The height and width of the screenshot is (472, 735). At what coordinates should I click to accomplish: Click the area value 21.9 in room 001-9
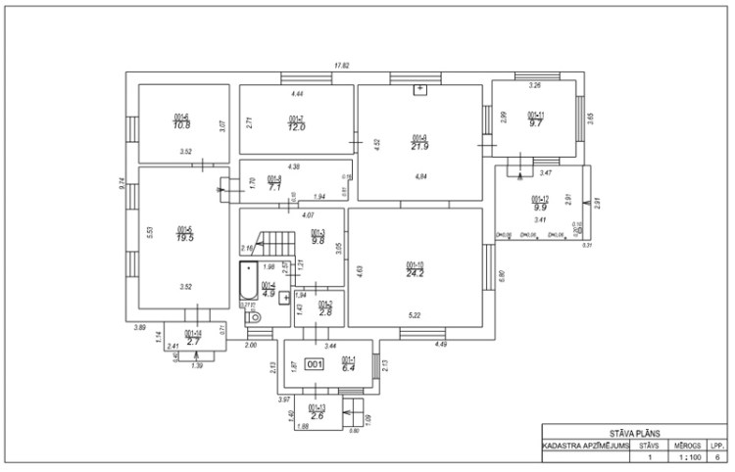coord(419,146)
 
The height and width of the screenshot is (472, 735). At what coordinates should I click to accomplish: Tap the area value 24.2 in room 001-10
coord(415,274)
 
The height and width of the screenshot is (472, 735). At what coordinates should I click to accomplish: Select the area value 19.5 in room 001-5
coord(183,237)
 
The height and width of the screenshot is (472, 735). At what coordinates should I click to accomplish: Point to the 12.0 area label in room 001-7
coord(296,127)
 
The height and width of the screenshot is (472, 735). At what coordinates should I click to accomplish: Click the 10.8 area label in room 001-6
coord(181,125)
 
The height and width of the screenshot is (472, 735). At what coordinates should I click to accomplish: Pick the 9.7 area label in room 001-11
coord(535,124)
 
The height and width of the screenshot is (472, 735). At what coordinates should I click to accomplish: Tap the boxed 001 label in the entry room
coord(315,364)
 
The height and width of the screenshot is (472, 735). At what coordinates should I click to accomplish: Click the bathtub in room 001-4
coord(249,283)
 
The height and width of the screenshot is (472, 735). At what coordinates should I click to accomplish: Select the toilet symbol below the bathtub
coord(254,316)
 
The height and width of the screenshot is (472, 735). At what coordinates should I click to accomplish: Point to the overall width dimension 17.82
coord(342,66)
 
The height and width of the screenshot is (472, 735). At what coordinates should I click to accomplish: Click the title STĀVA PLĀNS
coord(635,432)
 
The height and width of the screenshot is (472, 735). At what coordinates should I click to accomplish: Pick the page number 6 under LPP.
coord(718,457)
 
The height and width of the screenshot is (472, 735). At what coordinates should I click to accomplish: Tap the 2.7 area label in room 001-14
coord(193,341)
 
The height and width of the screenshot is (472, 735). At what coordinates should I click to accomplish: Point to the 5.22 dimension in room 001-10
coord(415,314)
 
